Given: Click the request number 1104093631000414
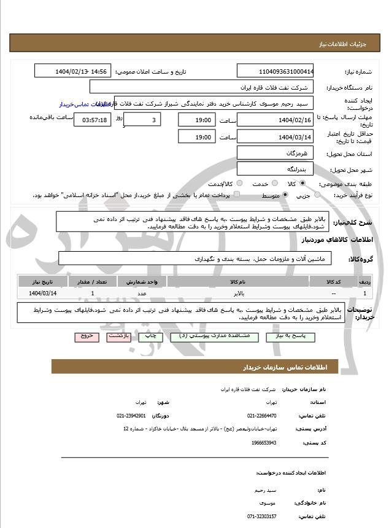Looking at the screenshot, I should [x=275, y=71].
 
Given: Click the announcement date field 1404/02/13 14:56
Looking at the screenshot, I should [x=73, y=71].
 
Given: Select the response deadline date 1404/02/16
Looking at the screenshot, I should [x=275, y=120].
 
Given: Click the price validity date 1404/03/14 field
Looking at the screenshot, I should [x=275, y=137].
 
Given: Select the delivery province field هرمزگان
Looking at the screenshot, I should [x=275, y=152].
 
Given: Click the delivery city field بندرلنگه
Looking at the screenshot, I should [x=275, y=168].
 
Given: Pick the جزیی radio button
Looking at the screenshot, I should [x=317, y=195].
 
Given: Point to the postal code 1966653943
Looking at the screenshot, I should [x=264, y=442].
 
